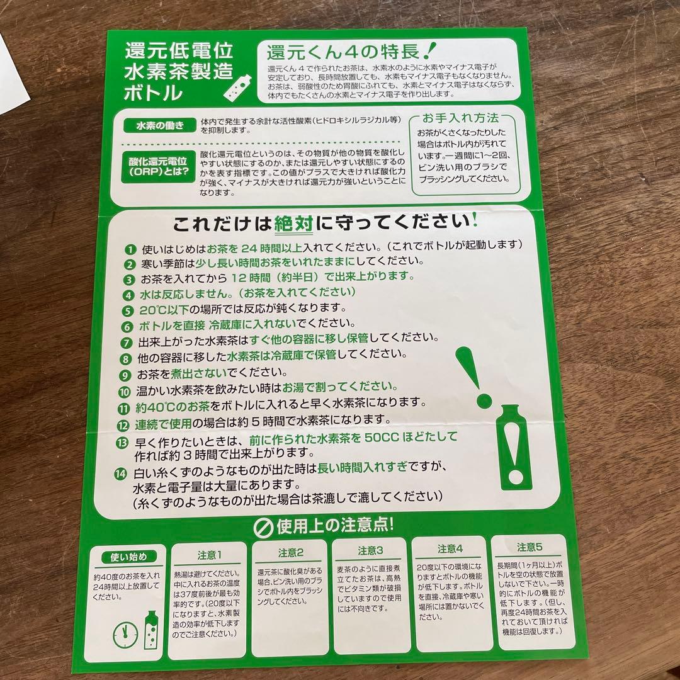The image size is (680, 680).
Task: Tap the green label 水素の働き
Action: pos(156,125)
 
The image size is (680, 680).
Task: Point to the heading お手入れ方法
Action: pos(462,118)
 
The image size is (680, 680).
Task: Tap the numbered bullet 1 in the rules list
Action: pos(130,249)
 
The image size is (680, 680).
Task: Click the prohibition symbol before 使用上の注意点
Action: pos(263,526)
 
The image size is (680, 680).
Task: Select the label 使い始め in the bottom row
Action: pos(128,557)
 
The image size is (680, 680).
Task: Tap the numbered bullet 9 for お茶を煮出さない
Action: pos(128,373)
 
